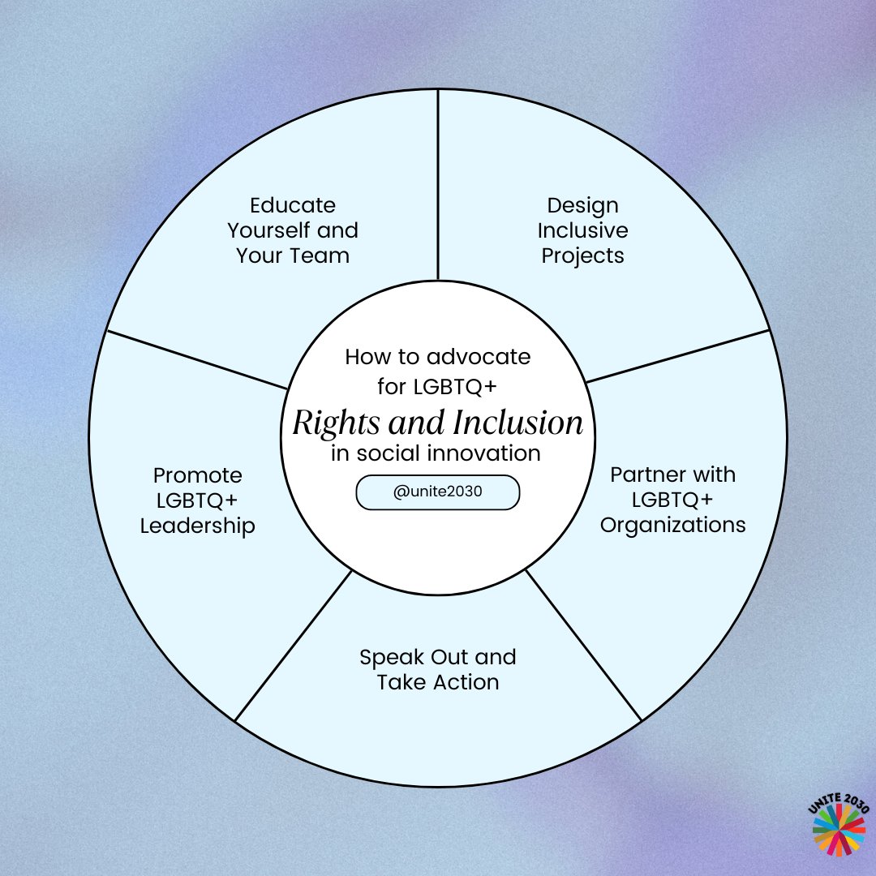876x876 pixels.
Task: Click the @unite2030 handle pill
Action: click(437, 492)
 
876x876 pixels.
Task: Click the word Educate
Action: click(292, 205)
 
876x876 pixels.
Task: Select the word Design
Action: click(582, 205)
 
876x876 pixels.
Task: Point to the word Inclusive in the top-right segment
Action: click(582, 230)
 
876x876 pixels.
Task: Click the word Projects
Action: click(582, 255)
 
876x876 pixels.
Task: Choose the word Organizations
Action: click(672, 525)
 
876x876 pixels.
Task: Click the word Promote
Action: click(197, 474)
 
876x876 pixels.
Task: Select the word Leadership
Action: click(197, 526)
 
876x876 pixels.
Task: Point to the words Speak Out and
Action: click(437, 656)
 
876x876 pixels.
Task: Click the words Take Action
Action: click(437, 682)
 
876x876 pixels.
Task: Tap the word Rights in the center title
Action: click(328, 423)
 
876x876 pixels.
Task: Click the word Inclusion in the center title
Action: click(509, 423)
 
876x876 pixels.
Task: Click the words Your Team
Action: click(292, 255)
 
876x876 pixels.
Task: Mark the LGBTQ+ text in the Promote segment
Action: click(197, 500)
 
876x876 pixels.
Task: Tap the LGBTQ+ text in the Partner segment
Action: click(672, 499)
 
